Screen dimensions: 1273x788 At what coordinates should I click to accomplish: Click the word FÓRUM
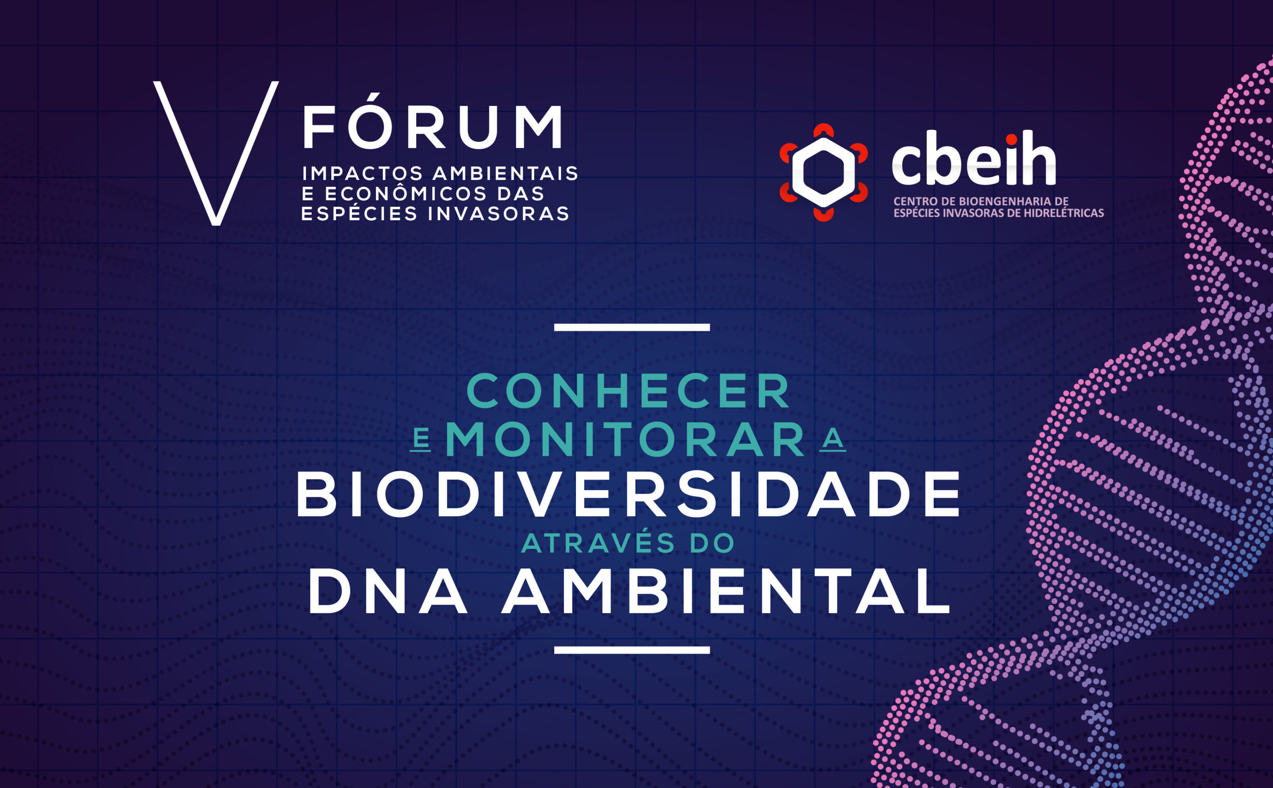[433, 121]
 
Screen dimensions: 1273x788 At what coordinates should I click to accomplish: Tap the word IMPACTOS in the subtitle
[363, 173]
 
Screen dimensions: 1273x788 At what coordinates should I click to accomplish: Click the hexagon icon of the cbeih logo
[823, 173]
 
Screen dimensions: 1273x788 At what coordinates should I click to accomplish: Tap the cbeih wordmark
[974, 158]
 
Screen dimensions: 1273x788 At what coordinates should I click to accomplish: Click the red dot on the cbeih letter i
[1011, 140]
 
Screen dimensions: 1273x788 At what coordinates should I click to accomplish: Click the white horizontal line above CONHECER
[632, 327]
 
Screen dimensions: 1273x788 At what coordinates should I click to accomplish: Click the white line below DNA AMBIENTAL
[632, 650]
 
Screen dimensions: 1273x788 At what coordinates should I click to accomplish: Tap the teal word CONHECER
[629, 391]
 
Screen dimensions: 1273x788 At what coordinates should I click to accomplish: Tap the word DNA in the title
[388, 591]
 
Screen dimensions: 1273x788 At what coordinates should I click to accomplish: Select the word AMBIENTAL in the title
[726, 591]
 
